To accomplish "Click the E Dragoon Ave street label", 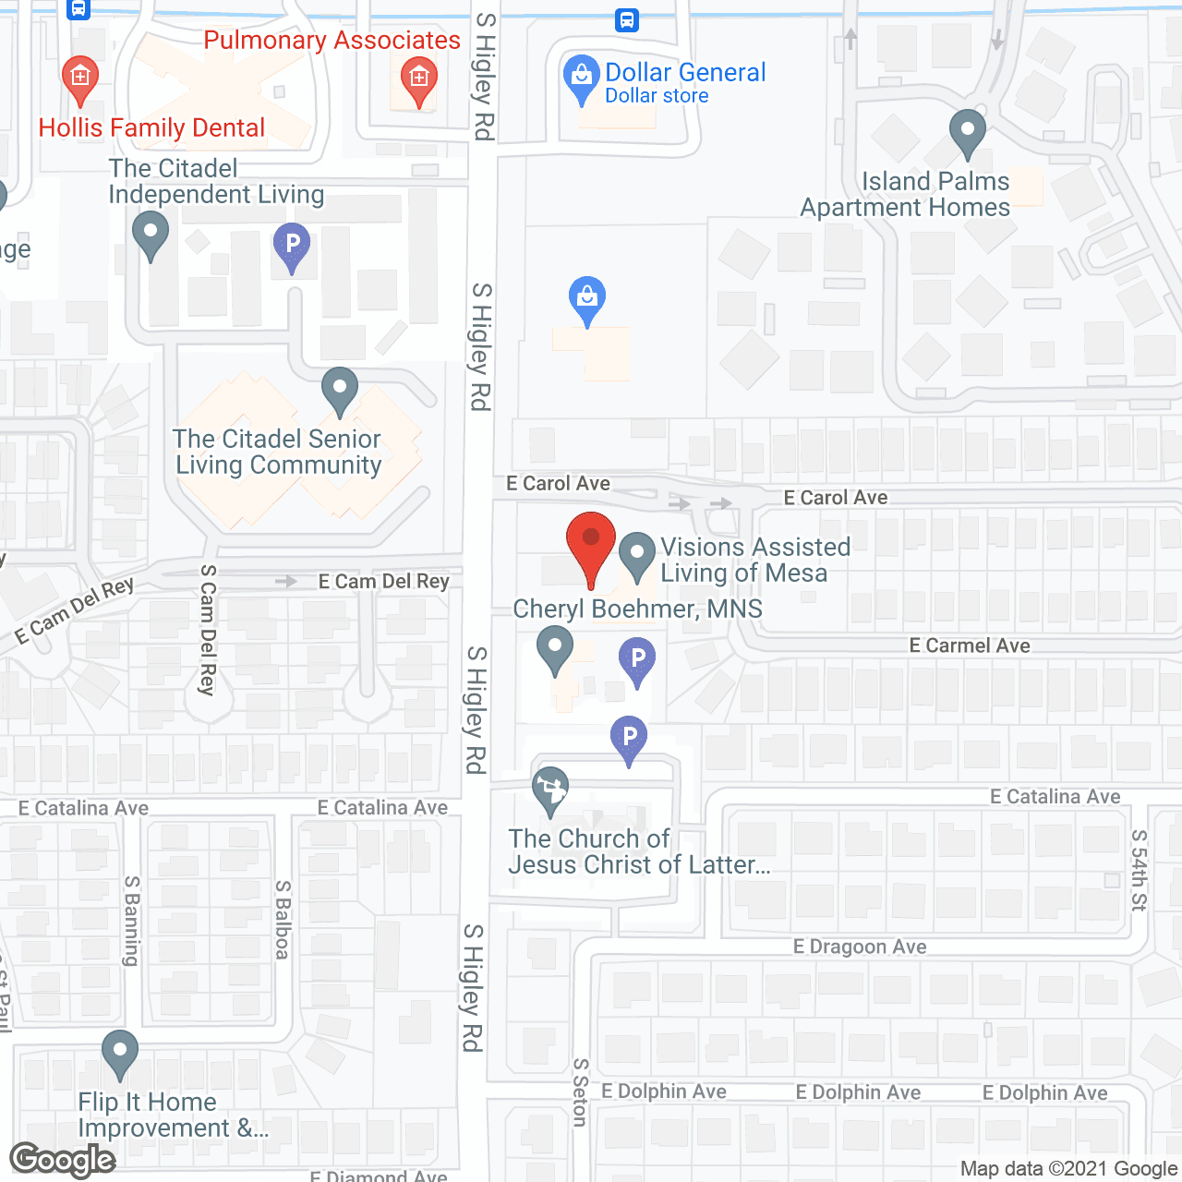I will pyautogui.click(x=860, y=947).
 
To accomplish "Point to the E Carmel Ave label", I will pyautogui.click(x=970, y=645).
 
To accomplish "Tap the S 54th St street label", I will pyautogui.click(x=1140, y=871).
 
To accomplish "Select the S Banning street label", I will pyautogui.click(x=132, y=921).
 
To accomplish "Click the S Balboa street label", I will pyautogui.click(x=283, y=920).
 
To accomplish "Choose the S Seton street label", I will pyautogui.click(x=580, y=1092).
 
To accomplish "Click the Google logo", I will pyautogui.click(x=63, y=1160).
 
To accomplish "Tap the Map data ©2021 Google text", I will pyautogui.click(x=1069, y=1169).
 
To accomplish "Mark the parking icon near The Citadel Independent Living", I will pyautogui.click(x=292, y=245).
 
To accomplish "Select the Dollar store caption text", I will pyautogui.click(x=657, y=96).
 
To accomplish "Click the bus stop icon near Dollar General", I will pyautogui.click(x=627, y=19).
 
